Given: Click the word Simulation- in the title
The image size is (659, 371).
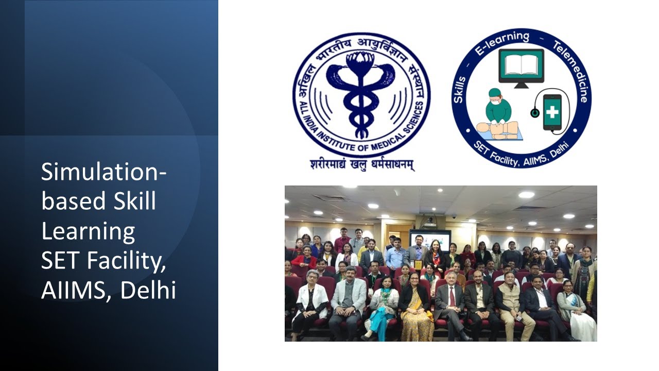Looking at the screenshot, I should coord(103,172).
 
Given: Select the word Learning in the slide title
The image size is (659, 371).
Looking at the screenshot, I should coord(88,231).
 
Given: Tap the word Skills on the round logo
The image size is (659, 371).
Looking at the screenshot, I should coord(460,90).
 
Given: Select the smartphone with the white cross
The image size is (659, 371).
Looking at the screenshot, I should coord(552,112).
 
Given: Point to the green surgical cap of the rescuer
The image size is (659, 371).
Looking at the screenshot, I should coord(495,94).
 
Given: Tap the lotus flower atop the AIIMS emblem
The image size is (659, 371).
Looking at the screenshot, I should coord(361,60).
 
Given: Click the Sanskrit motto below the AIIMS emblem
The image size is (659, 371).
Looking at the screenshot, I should coord(362,164).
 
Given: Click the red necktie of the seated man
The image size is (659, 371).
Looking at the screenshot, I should coord(452,296).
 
